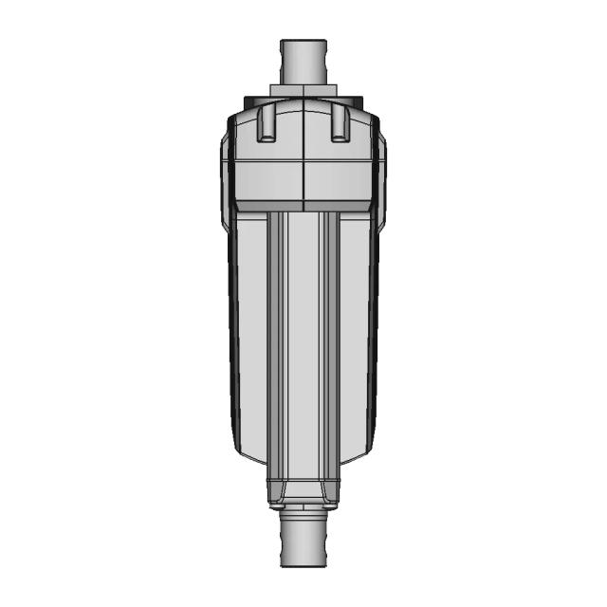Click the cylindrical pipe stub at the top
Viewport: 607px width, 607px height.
pyautogui.click(x=303, y=62)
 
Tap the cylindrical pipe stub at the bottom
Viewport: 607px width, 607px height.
pyautogui.click(x=303, y=543)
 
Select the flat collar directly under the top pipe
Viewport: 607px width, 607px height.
pyautogui.click(x=303, y=92)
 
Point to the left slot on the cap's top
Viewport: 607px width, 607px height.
pyautogui.click(x=267, y=123)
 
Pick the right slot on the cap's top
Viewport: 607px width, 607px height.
pyautogui.click(x=340, y=123)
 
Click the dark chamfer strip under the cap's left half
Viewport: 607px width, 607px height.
pyautogui.click(x=267, y=205)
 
